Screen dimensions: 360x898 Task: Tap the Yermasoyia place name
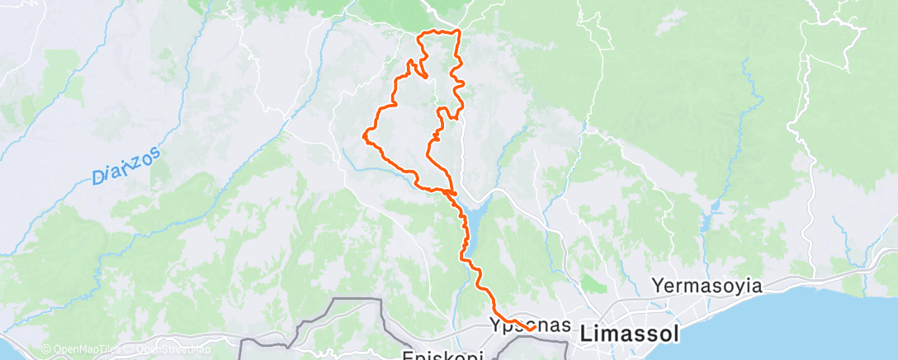(x=707, y=287)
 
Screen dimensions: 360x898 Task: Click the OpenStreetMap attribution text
(x=173, y=349)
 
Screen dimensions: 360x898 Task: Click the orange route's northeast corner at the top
(x=458, y=32)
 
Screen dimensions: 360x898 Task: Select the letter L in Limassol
(x=586, y=334)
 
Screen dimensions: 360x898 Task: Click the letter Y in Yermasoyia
(x=658, y=287)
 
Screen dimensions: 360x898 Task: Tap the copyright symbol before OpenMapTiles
(x=46, y=349)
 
